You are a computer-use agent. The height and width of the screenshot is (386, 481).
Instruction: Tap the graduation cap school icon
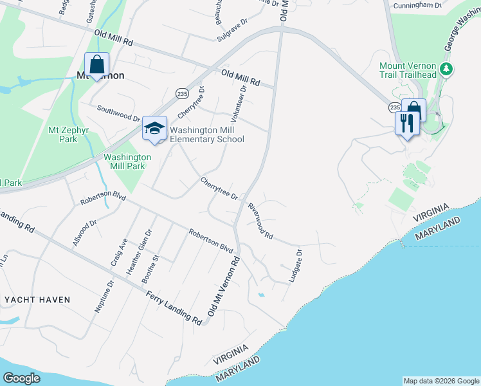click(154, 128)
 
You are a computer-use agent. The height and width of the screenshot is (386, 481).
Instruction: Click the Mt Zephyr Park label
click(62, 134)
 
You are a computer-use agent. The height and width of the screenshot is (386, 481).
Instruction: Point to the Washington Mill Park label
click(127, 161)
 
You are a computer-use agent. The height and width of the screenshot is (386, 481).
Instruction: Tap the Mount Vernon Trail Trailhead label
click(408, 71)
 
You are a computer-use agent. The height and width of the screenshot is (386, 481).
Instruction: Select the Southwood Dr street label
click(118, 114)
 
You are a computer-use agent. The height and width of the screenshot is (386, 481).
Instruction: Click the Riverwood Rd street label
click(260, 220)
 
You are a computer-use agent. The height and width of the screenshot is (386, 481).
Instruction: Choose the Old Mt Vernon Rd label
click(224, 286)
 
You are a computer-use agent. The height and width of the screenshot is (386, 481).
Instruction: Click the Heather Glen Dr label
click(139, 253)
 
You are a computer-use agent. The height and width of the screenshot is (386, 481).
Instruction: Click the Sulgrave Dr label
click(232, 29)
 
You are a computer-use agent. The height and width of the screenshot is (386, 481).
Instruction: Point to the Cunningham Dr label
click(421, 5)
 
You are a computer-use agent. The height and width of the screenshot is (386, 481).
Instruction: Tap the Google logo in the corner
click(22, 378)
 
